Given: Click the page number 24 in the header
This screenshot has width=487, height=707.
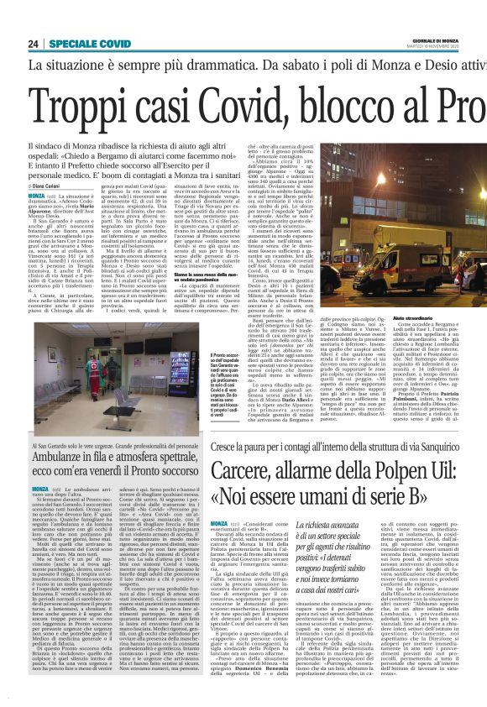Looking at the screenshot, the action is tap(34, 43).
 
